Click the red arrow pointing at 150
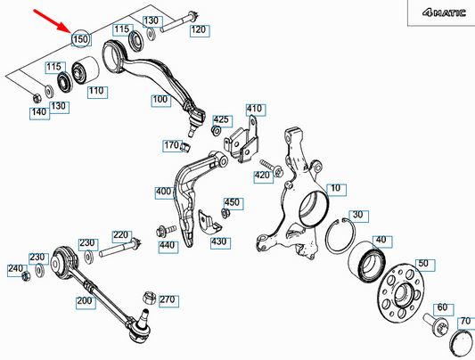pyautogui.click(x=52, y=20)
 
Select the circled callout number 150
pyautogui.click(x=81, y=38)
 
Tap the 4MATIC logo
pyautogui.click(x=444, y=12)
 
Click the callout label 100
pyautogui.click(x=160, y=100)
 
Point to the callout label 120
pyautogui.click(x=200, y=30)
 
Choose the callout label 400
pyautogui.click(x=165, y=192)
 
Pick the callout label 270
pyautogui.click(x=168, y=300)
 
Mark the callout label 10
pyautogui.click(x=336, y=189)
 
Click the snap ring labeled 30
pyautogui.click(x=340, y=235)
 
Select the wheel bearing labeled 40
pyautogui.click(x=367, y=260)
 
